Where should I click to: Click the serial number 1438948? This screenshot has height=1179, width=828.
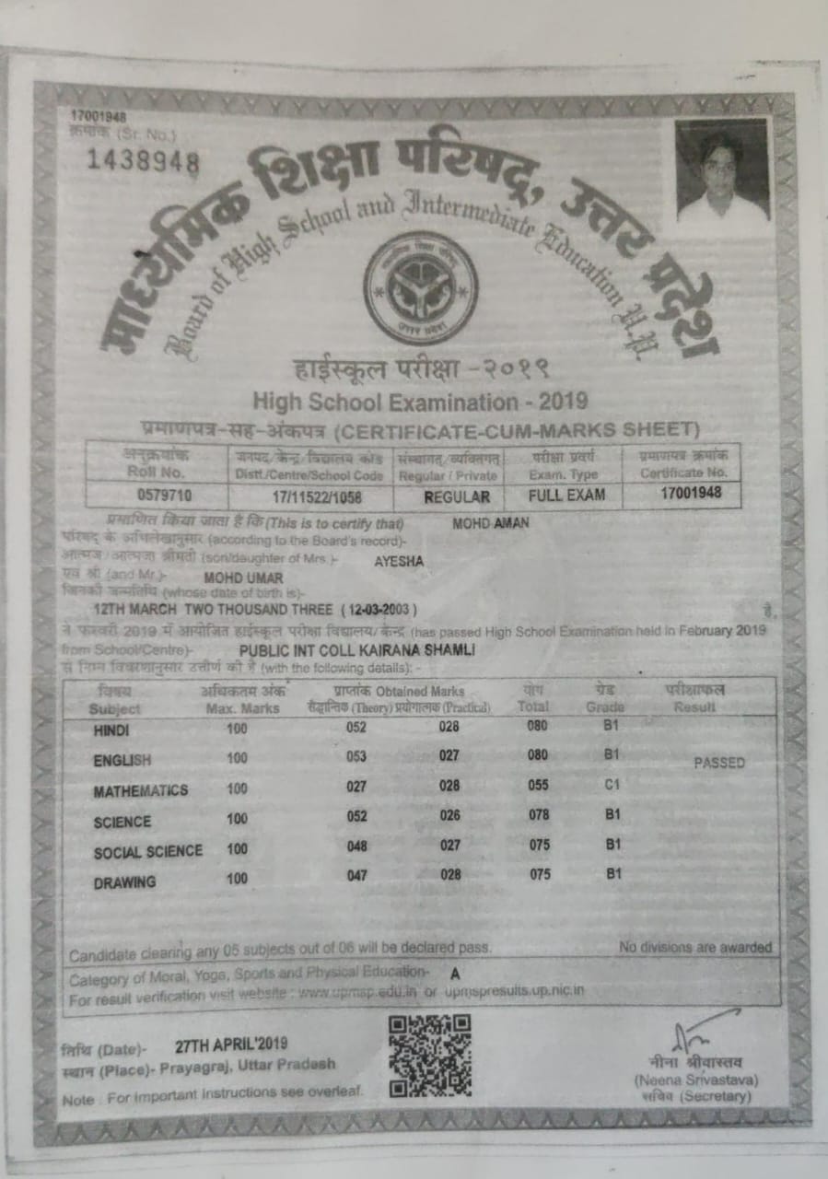click(x=143, y=161)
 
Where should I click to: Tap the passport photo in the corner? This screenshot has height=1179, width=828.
click(x=722, y=172)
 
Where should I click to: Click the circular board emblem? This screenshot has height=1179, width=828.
click(x=419, y=287)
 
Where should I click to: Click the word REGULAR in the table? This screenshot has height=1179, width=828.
click(x=449, y=496)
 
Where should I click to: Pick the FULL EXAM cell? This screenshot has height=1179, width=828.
click(x=566, y=495)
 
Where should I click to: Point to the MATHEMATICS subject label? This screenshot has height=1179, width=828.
click(x=140, y=791)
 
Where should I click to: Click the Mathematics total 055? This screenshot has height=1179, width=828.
click(x=539, y=786)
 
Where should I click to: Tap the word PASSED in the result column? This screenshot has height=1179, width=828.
click(x=719, y=763)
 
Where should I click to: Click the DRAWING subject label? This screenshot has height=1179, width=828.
click(x=124, y=882)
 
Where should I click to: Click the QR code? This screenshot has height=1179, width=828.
click(x=429, y=1055)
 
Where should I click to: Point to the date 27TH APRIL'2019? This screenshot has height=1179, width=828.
click(x=231, y=1045)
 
